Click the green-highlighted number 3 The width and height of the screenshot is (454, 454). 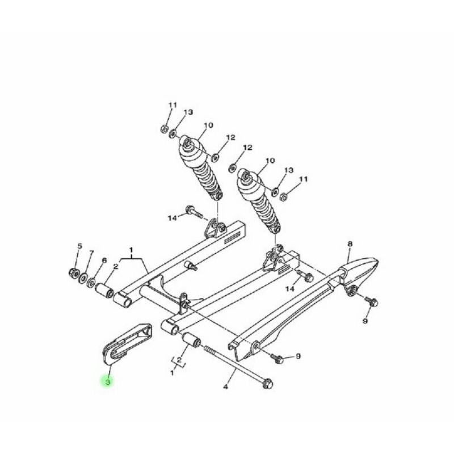coord(108,381)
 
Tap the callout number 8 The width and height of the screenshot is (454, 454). coord(350,244)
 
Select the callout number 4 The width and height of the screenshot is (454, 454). coord(225,386)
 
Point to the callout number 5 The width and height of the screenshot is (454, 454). coord(79,246)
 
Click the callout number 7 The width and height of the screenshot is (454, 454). coord(91,253)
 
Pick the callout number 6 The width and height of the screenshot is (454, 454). coord(104,260)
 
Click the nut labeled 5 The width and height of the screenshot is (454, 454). coord(73,273)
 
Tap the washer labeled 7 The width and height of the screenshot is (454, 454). coord(83,278)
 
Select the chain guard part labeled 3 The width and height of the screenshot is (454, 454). coord(127,344)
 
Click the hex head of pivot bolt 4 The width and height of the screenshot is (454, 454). coord(267,384)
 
